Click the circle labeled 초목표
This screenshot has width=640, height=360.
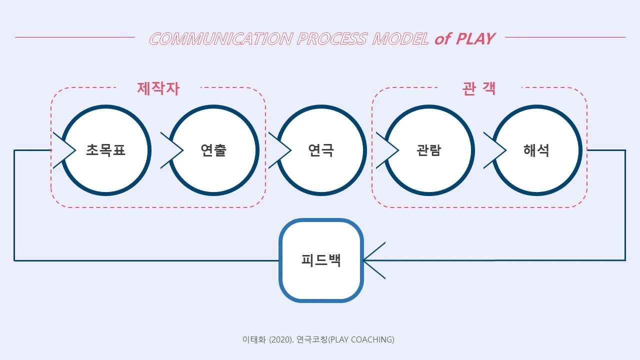click(x=106, y=150)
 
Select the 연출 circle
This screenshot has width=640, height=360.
click(x=214, y=150)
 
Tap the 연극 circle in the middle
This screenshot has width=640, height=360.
click(x=321, y=150)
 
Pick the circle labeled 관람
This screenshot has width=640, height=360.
click(x=429, y=150)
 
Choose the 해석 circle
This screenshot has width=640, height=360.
click(x=537, y=150)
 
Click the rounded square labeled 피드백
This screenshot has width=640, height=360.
click(x=321, y=260)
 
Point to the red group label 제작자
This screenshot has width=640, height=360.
click(x=158, y=88)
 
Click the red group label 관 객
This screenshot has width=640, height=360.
click(x=479, y=88)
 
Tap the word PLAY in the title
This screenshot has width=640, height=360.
click(x=475, y=38)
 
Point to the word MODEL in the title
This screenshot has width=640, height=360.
click(x=400, y=38)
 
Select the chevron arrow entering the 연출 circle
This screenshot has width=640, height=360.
click(x=172, y=150)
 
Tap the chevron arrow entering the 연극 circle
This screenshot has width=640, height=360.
click(x=280, y=150)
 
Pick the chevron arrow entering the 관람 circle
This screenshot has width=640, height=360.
click(x=387, y=150)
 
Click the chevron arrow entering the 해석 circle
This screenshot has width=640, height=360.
click(x=495, y=150)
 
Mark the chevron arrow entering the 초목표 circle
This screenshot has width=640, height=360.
click(x=64, y=150)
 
